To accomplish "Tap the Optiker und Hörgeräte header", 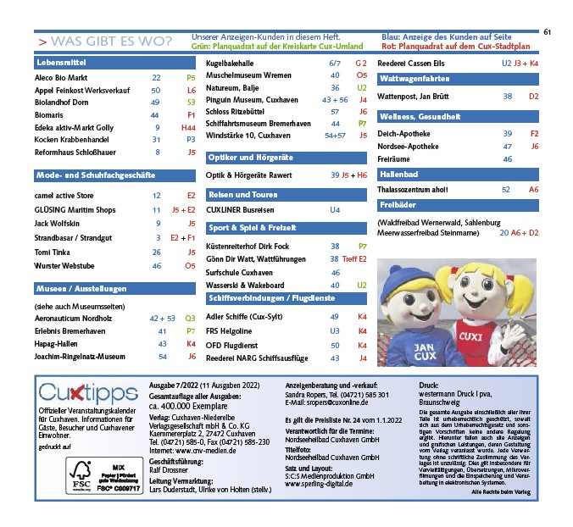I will click(251, 158).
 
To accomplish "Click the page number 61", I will click(548, 32).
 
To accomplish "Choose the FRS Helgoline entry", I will click(231, 330).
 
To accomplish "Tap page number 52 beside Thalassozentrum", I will click(506, 190).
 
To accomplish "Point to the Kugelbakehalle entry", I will click(234, 64).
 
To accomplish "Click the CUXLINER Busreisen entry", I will click(240, 209).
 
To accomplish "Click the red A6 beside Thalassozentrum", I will click(533, 190).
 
